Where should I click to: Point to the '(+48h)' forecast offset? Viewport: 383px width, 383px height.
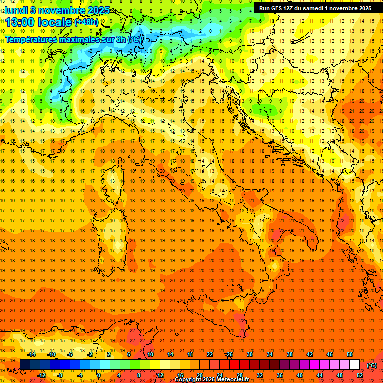point(86,22)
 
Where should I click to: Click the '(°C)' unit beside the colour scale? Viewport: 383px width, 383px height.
point(372,365)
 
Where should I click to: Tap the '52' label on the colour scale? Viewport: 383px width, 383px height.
point(360,375)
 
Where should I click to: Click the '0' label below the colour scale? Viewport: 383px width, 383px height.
point(99,375)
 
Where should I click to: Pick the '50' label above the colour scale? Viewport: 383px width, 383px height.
point(350,354)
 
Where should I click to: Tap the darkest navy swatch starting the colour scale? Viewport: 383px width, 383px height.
point(25,365)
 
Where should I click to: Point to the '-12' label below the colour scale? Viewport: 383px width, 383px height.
point(41,375)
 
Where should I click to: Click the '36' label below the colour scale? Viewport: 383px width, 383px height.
point(280,375)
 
